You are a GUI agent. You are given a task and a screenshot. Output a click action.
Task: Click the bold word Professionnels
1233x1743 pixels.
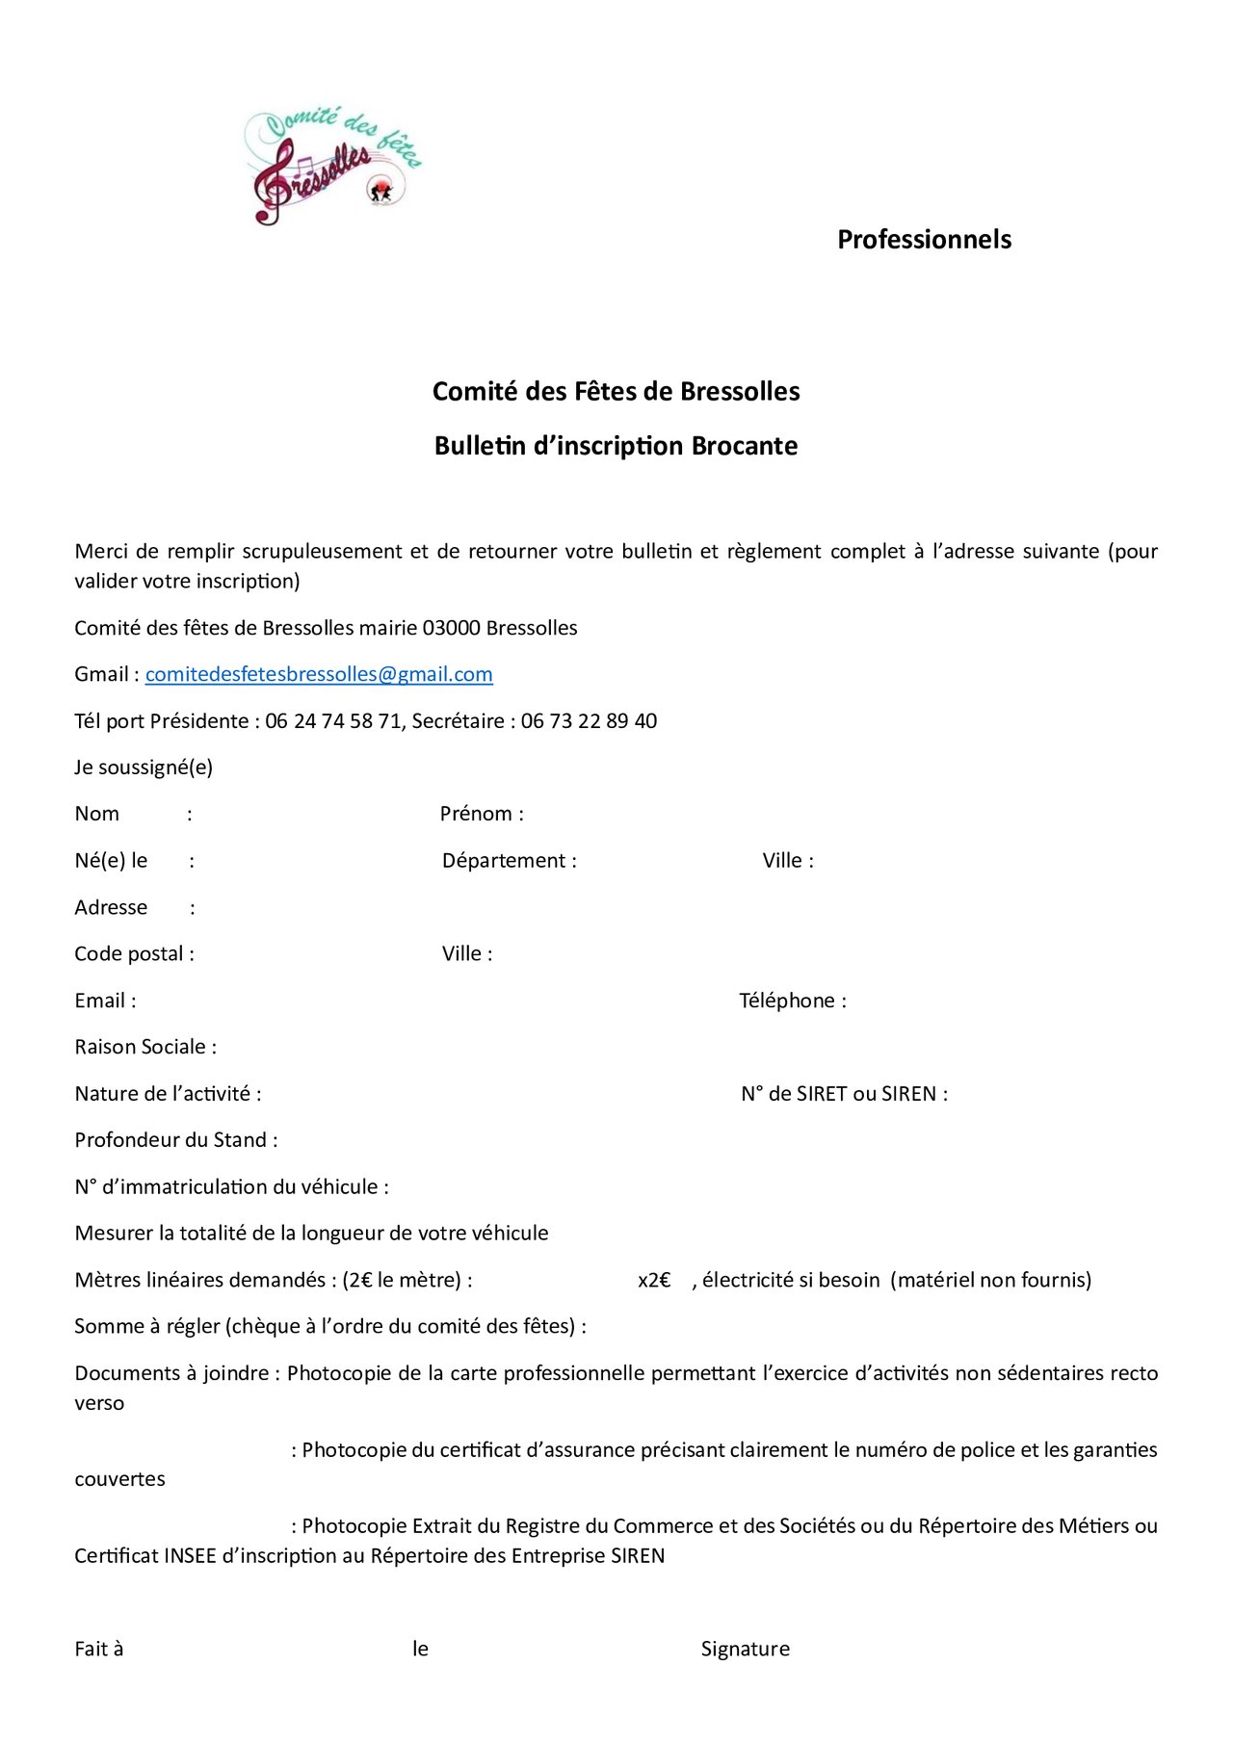pyautogui.click(x=924, y=240)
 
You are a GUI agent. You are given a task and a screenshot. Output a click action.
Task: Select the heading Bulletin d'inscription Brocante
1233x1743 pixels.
pyautogui.click(x=616, y=446)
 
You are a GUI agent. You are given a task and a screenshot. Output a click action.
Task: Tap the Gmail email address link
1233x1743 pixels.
pyautogui.click(x=319, y=674)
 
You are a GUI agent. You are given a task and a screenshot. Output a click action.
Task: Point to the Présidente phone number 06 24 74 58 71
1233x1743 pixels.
pyautogui.click(x=333, y=721)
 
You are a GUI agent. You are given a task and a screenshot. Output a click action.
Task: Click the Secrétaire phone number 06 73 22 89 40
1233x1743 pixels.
pyautogui.click(x=589, y=721)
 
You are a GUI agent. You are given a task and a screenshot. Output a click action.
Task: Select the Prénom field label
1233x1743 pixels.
pyautogui.click(x=482, y=814)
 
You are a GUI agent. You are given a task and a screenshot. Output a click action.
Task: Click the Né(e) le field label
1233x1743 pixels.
pyautogui.click(x=111, y=861)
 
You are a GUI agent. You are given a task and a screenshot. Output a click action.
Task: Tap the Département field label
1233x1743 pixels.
pyautogui.click(x=509, y=861)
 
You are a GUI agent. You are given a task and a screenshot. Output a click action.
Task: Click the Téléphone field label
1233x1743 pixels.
pyautogui.click(x=792, y=1001)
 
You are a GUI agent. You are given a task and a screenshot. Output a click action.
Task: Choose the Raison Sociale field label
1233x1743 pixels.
pyautogui.click(x=145, y=1047)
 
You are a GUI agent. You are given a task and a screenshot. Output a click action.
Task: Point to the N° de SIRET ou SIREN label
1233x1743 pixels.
pyautogui.click(x=844, y=1094)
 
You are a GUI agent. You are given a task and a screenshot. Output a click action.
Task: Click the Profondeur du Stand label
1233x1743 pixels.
pyautogui.click(x=176, y=1140)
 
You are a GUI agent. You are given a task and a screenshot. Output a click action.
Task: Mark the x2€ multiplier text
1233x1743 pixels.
pyautogui.click(x=654, y=1281)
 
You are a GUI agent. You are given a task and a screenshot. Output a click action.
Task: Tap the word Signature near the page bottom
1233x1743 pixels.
pyautogui.click(x=745, y=1649)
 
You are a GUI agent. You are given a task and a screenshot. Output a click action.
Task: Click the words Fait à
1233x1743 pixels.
pyautogui.click(x=99, y=1649)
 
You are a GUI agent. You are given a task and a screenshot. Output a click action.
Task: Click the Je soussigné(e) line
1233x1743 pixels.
pyautogui.click(x=144, y=767)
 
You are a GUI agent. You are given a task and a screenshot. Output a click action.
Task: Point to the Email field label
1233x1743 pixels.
pyautogui.click(x=105, y=1001)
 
